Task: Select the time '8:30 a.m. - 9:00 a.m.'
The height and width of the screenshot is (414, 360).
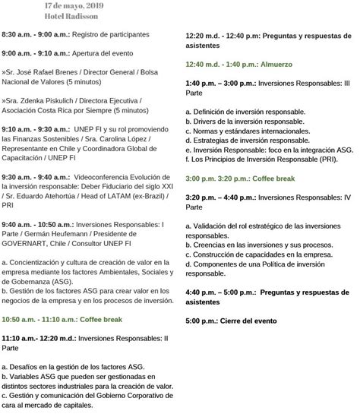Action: point(37,35)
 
